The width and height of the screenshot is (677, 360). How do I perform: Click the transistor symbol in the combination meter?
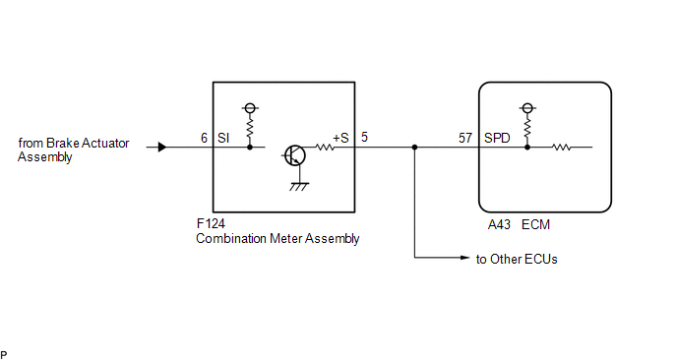(295, 155)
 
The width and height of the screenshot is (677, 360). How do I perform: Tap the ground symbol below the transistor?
(299, 187)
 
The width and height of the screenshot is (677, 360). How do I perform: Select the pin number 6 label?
(205, 138)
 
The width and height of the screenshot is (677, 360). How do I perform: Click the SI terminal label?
(223, 138)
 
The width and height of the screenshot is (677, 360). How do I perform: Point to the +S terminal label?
(340, 138)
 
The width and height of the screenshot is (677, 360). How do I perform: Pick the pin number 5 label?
(364, 138)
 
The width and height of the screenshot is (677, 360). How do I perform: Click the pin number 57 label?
(465, 138)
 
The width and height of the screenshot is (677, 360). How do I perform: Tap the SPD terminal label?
(497, 138)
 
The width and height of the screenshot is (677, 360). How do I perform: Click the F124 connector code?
(211, 223)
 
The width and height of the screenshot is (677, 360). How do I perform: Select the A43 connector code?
(499, 224)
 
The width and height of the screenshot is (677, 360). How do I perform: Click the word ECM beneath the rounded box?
(536, 224)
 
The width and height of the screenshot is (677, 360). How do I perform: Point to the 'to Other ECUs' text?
(517, 259)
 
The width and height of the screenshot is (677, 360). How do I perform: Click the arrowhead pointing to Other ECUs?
(465, 258)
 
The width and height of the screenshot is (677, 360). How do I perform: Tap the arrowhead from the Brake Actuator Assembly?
(162, 148)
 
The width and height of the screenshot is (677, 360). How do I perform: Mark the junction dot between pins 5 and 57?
(414, 148)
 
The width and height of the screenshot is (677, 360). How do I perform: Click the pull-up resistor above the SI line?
(250, 129)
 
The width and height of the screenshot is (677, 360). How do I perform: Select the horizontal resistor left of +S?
(325, 148)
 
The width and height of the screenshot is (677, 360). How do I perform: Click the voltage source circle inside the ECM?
(527, 108)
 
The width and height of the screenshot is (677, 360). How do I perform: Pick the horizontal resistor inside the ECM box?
(562, 148)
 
